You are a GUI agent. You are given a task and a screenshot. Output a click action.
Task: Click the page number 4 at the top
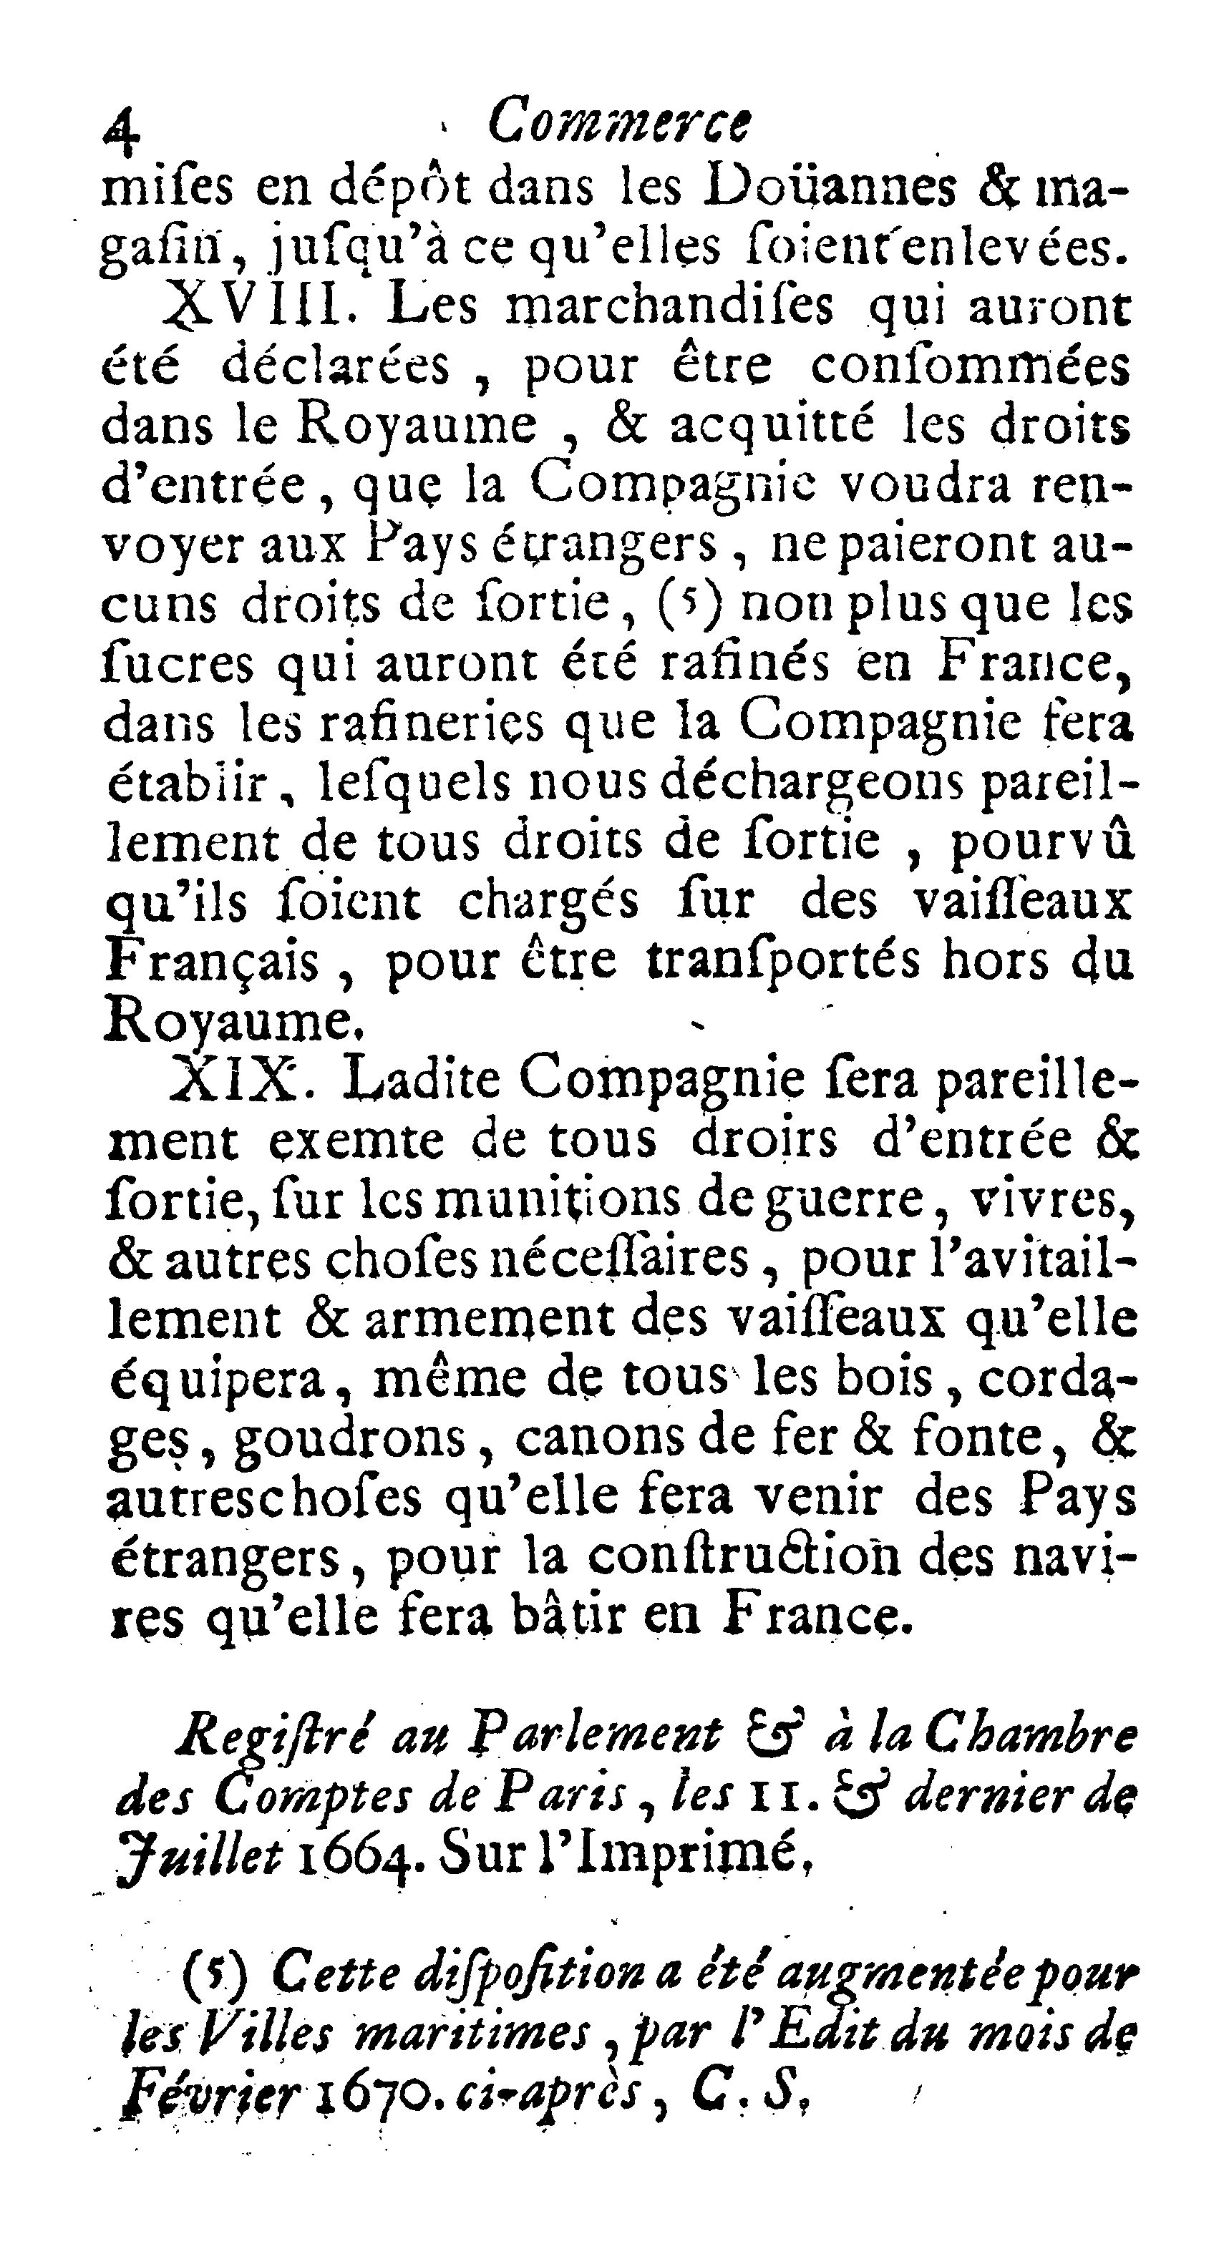[x=122, y=130]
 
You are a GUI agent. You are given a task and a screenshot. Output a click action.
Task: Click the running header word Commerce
[x=619, y=122]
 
